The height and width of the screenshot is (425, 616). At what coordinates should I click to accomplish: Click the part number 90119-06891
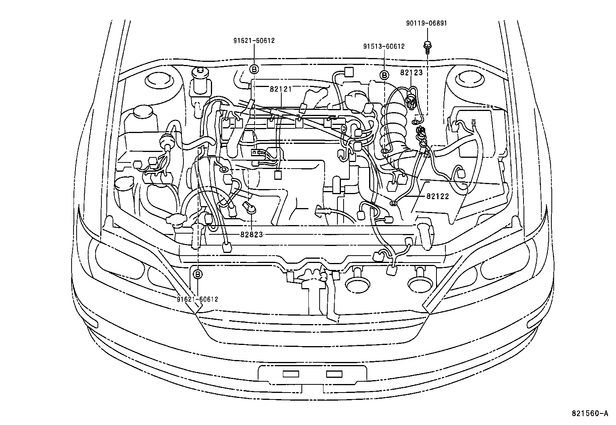tap(426, 23)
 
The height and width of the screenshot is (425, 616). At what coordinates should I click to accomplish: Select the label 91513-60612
tap(384, 46)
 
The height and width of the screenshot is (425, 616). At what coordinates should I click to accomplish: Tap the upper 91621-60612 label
tap(254, 41)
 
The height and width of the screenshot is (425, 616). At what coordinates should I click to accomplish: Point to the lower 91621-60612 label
tap(197, 299)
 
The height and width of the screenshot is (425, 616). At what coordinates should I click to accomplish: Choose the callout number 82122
tap(438, 196)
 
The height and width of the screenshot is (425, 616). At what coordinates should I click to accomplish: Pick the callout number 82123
tap(411, 72)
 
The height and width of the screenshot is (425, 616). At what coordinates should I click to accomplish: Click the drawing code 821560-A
tap(590, 413)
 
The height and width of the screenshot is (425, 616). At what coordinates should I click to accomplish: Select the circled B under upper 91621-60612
tap(254, 69)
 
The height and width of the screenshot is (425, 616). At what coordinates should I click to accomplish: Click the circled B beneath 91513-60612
tap(384, 75)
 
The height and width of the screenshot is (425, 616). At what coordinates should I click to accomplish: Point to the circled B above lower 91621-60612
tap(197, 274)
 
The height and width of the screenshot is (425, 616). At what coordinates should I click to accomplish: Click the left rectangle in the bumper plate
tap(291, 374)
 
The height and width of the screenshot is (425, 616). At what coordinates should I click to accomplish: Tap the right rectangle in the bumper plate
tap(334, 374)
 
